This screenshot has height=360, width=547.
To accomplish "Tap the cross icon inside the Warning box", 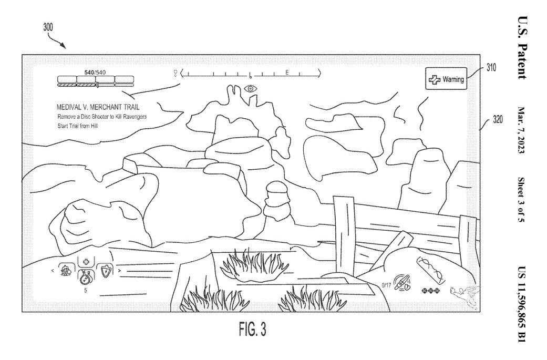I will [x=435, y=80].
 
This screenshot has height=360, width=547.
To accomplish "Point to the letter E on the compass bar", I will [x=287, y=73].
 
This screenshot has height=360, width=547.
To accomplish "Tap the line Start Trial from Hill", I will [x=79, y=126].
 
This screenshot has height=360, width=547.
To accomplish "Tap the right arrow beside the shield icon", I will [x=120, y=271].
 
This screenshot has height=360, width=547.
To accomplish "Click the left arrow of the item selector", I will [x=52, y=271].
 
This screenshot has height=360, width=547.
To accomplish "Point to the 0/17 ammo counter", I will [x=388, y=285].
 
